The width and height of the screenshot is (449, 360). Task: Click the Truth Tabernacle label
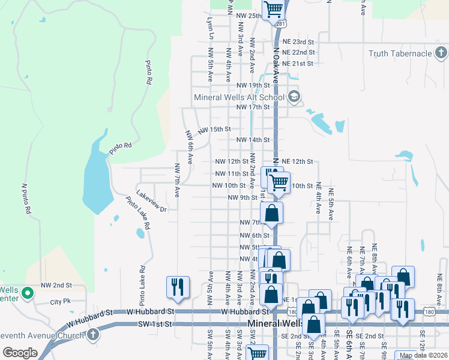click(400, 53)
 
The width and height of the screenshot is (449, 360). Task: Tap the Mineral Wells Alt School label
click(239, 97)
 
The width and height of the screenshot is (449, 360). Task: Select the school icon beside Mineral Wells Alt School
click(294, 97)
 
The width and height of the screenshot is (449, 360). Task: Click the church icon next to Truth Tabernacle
click(441, 53)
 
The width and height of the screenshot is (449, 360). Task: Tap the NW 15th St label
click(214, 129)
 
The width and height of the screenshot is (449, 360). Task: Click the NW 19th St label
click(253, 86)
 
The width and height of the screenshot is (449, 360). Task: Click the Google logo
click(19, 353)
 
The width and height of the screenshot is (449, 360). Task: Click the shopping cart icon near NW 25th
click(273, 10)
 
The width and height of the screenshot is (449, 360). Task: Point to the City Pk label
click(61, 301)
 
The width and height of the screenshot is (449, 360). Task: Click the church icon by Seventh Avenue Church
click(92, 334)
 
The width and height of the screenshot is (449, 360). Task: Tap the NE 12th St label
click(298, 161)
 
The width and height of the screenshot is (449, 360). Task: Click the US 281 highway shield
click(281, 23)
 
